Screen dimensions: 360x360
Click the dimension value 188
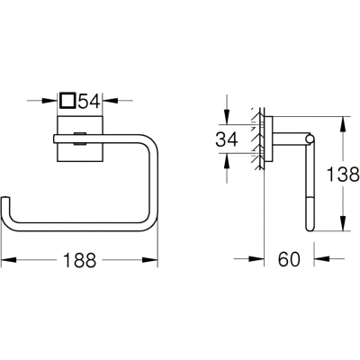[79, 260]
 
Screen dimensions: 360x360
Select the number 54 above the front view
[89, 101]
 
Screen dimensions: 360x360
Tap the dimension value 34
[227, 139]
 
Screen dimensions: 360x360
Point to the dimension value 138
[343, 175]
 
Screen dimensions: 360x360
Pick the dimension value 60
[289, 259]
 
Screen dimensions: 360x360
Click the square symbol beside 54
[67, 101]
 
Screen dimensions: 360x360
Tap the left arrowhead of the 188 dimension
[9, 260]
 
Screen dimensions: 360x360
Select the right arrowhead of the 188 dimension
[150, 260]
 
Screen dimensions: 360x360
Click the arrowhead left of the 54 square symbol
[49, 101]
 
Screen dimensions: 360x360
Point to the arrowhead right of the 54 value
[110, 101]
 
